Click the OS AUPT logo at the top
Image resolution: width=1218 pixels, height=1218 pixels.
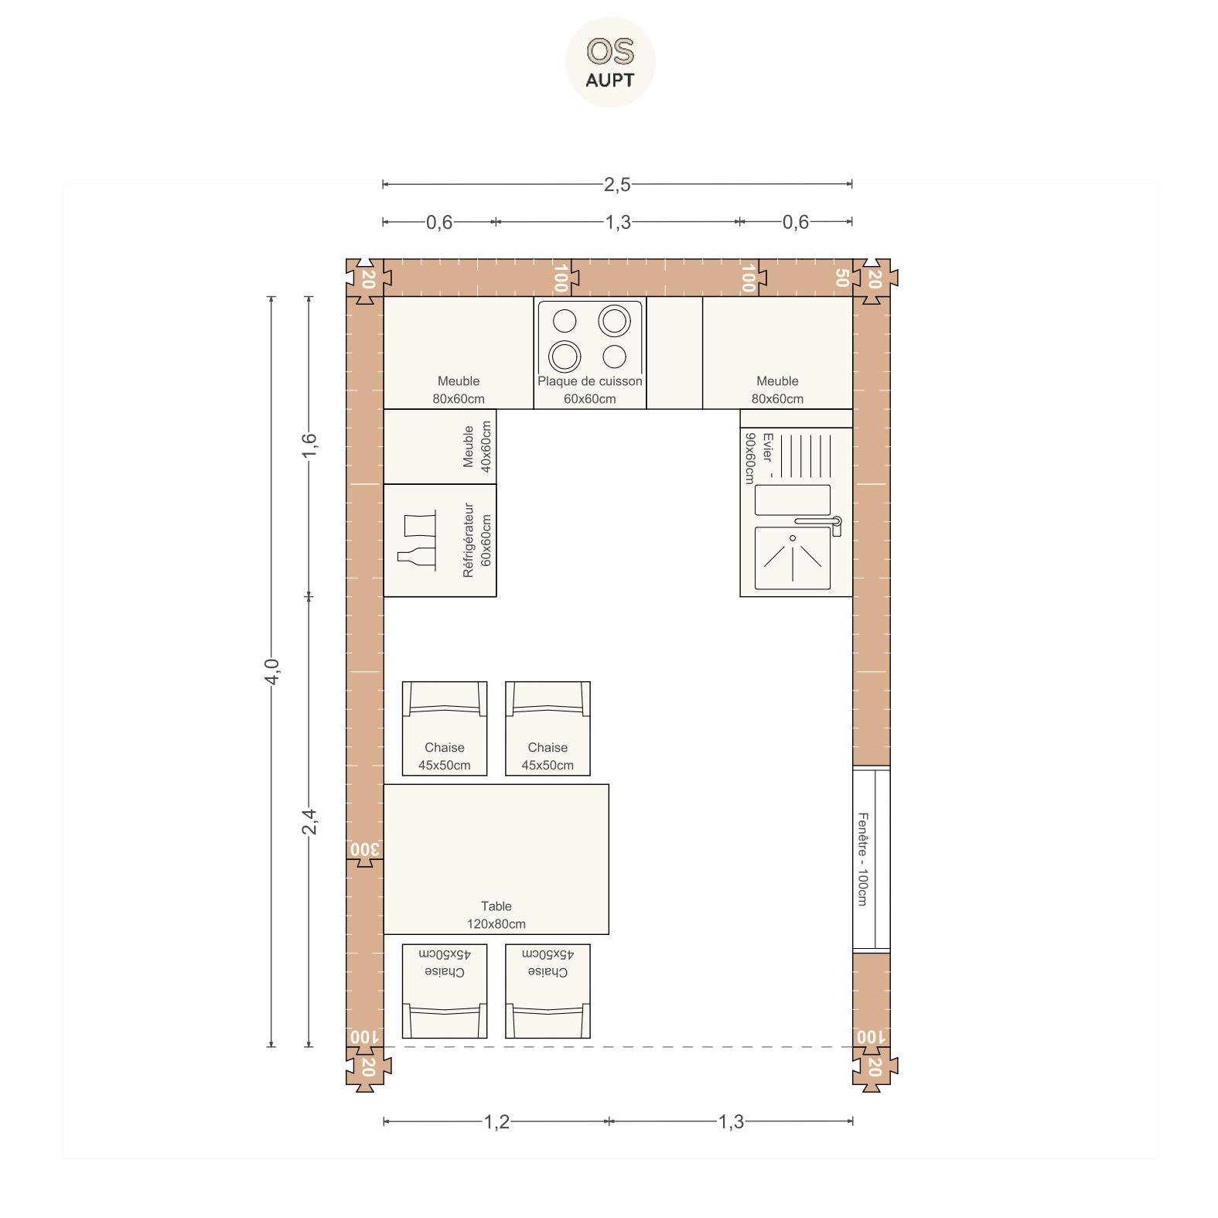click(610, 63)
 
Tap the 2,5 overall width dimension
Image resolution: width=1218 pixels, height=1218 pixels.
click(617, 184)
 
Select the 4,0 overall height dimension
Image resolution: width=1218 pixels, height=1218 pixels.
click(271, 671)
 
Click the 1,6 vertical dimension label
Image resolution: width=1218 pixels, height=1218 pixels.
click(309, 445)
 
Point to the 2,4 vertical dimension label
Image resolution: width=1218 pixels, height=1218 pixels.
click(309, 821)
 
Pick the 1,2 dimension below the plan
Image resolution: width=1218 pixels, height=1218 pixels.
click(496, 1121)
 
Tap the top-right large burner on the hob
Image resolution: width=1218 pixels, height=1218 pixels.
click(614, 319)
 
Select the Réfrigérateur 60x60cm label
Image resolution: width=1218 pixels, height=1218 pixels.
click(477, 540)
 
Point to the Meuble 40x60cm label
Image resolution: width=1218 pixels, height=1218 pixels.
click(477, 446)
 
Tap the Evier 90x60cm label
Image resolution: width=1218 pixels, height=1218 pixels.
click(758, 457)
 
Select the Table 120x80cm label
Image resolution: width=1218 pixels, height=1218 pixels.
click(496, 915)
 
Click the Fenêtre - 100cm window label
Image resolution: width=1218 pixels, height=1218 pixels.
click(862, 858)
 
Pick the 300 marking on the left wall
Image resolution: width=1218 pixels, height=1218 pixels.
click(365, 849)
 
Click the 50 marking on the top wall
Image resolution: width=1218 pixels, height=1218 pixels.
click(842, 278)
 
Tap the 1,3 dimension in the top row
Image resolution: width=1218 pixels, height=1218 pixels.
click(617, 222)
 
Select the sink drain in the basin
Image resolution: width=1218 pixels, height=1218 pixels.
click(793, 537)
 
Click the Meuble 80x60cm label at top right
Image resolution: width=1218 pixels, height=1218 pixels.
click(777, 390)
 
